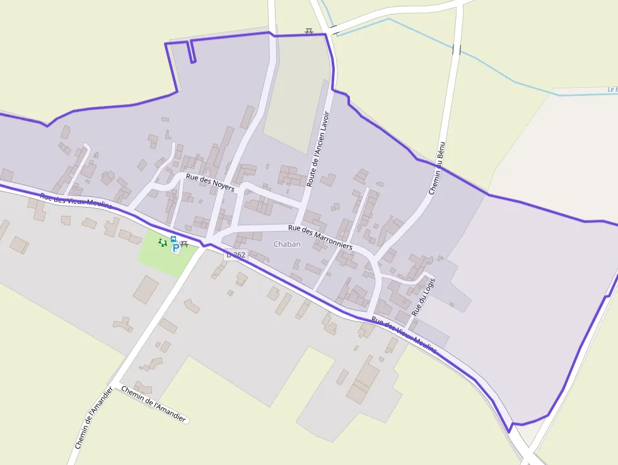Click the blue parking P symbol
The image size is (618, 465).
(x=175, y=248)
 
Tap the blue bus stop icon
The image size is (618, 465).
(x=173, y=239)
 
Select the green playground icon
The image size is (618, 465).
(x=163, y=242)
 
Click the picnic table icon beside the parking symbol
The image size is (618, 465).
(x=184, y=244)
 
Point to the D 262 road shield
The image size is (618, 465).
(x=236, y=255)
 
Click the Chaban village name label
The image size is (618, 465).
(x=287, y=244)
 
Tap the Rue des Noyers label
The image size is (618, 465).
(x=210, y=182)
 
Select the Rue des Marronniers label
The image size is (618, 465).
(x=320, y=237)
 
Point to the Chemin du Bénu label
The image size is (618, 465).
(x=436, y=167)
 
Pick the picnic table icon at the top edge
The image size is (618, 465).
(x=309, y=31)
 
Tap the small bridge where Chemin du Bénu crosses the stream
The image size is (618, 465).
(x=456, y=49)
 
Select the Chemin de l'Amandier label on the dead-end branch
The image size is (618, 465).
(x=153, y=404)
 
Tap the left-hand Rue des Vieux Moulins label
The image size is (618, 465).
(x=76, y=201)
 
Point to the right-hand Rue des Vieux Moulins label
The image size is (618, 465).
(x=404, y=335)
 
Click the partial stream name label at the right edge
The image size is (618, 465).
(x=612, y=90)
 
